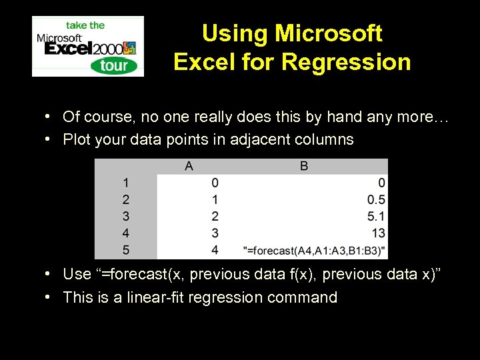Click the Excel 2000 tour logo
[87, 46]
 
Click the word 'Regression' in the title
[346, 62]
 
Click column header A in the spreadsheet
[189, 166]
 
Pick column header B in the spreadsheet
[304, 166]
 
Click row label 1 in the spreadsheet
[125, 183]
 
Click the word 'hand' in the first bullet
[343, 117]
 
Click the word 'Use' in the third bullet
[77, 274]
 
